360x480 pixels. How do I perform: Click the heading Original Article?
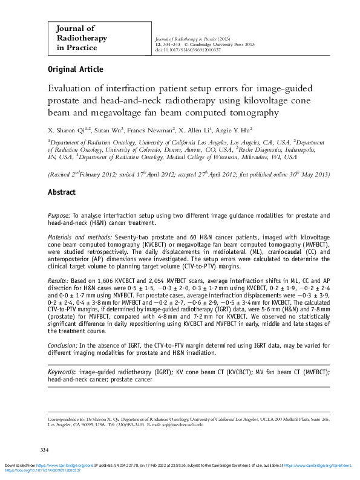[75, 70]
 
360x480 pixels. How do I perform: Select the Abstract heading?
[62, 192]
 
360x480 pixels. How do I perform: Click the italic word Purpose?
[59, 216]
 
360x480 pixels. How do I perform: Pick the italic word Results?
[58, 282]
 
